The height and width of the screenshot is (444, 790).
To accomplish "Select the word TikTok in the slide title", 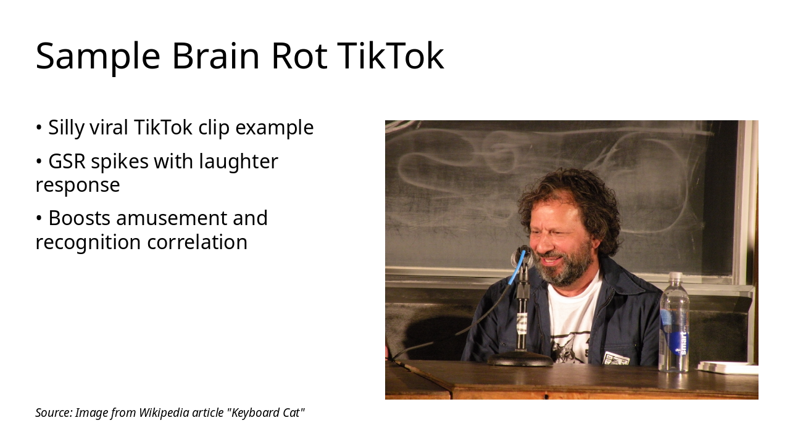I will click(x=391, y=56).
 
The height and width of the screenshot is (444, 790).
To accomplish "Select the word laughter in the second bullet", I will click(x=239, y=162).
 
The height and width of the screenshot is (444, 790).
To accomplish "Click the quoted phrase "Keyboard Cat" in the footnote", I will click(x=267, y=413).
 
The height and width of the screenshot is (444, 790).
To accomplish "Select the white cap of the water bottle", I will click(x=676, y=277).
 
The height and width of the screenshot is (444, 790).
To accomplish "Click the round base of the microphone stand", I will click(x=520, y=359).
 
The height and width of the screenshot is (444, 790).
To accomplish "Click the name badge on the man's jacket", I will click(x=615, y=358).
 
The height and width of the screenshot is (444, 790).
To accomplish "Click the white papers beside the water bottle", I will click(x=727, y=368).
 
